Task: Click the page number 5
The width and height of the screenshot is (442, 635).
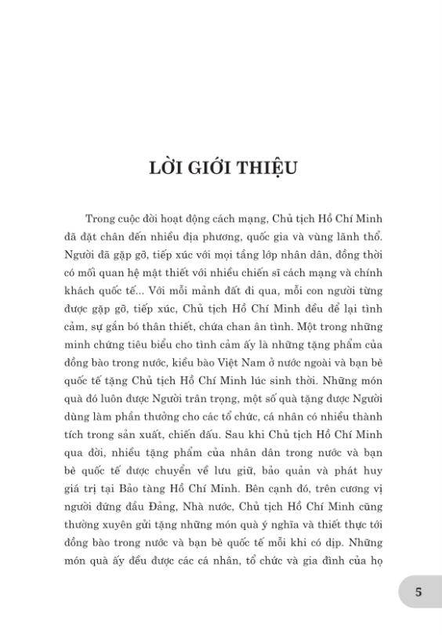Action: coord(418,593)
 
